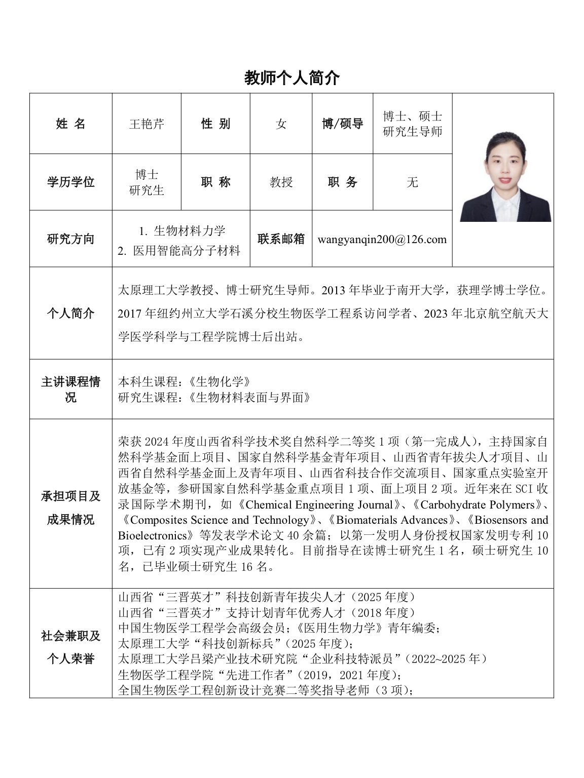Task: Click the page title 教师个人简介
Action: (x=291, y=78)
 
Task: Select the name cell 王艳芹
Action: (x=147, y=124)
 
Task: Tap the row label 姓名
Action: (x=70, y=124)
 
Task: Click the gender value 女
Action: (x=281, y=124)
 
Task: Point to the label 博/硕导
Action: (x=342, y=124)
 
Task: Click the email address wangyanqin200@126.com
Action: (x=382, y=239)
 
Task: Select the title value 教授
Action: (x=281, y=182)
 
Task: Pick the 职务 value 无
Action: (x=412, y=182)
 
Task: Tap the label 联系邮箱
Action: (x=281, y=239)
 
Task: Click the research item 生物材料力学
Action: (x=189, y=231)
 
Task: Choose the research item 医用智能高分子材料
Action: (x=187, y=251)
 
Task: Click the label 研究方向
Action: (x=70, y=239)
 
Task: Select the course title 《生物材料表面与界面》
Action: (x=248, y=398)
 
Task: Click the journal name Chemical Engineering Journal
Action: (x=319, y=505)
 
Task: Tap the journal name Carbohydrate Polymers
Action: (x=478, y=505)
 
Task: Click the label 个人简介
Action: (x=70, y=313)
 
